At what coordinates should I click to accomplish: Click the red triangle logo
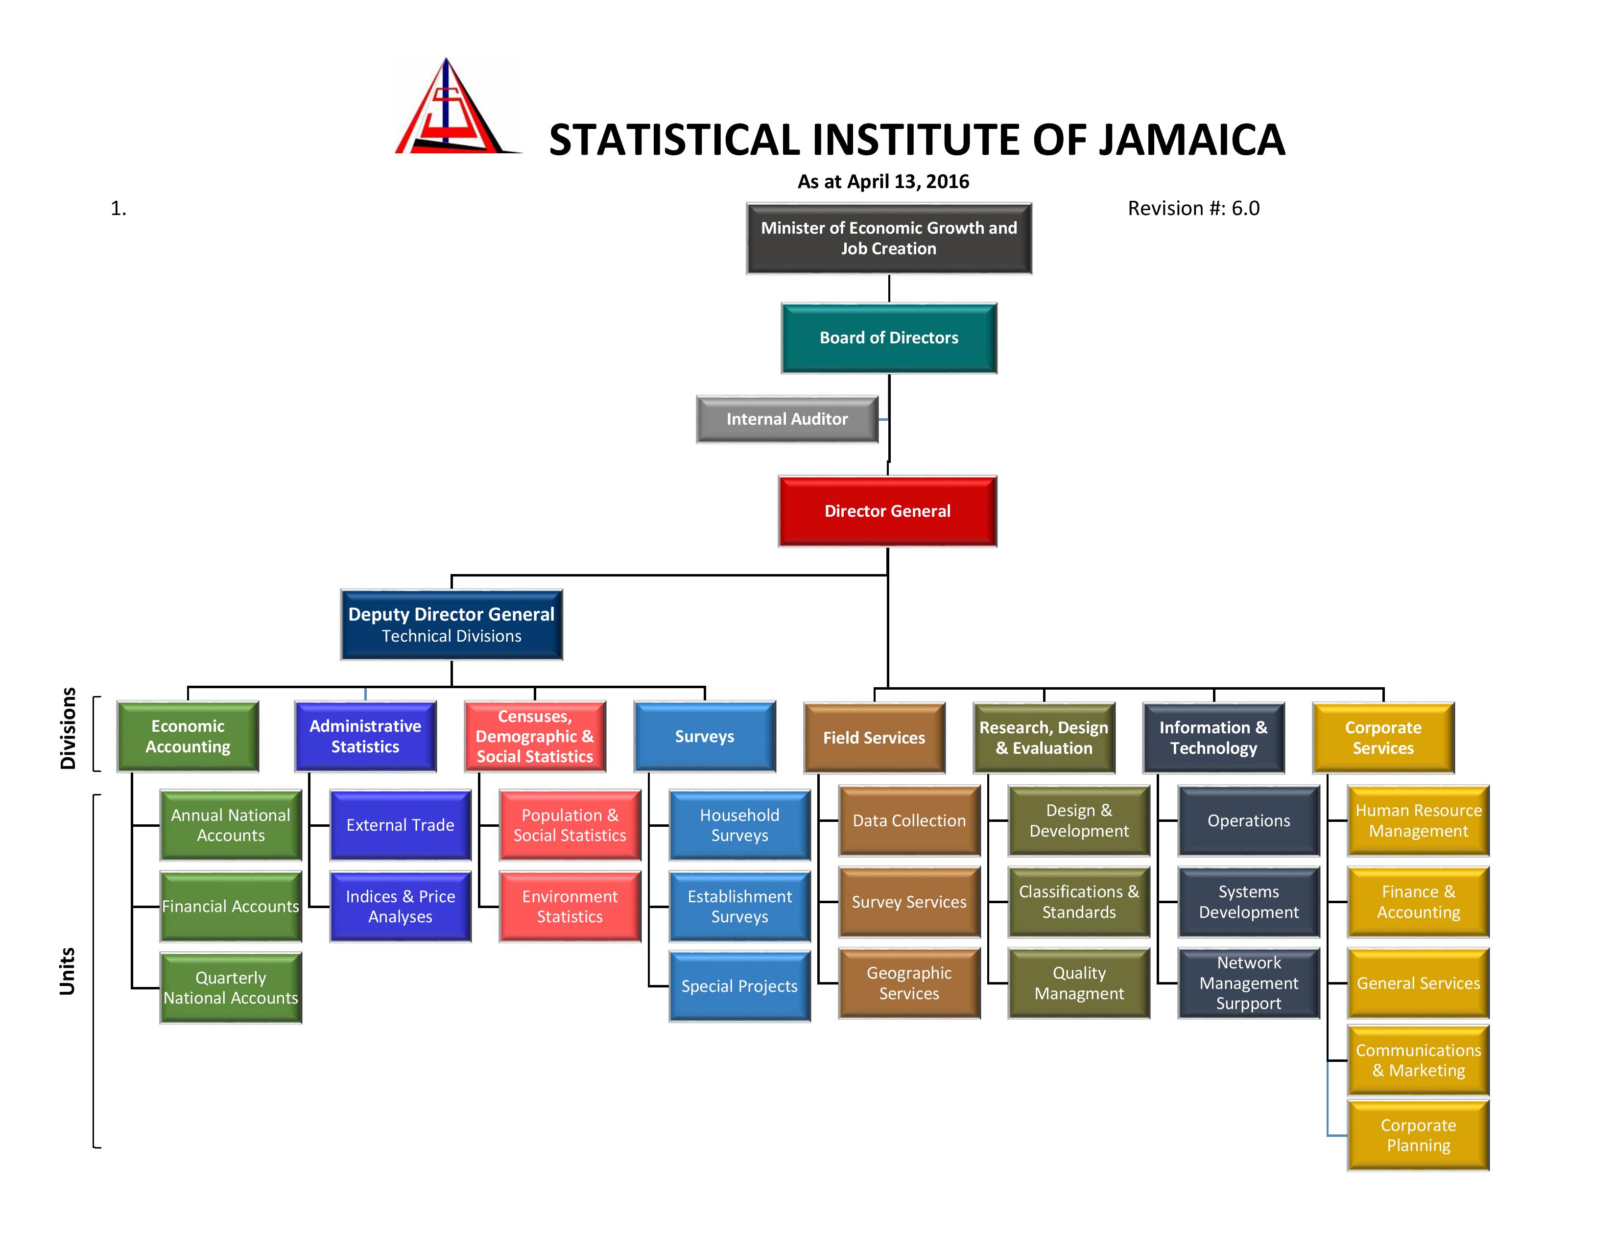(457, 107)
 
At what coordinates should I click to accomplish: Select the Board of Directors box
(889, 338)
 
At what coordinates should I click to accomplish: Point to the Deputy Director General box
(452, 624)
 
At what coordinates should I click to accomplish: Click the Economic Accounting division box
(188, 736)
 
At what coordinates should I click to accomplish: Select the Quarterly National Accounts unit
(231, 988)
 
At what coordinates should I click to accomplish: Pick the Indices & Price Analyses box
(400, 907)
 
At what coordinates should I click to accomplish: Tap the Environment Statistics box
(570, 907)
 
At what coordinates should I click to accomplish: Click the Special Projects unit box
(740, 986)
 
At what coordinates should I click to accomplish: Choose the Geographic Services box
(909, 984)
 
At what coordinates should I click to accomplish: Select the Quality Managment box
(1079, 984)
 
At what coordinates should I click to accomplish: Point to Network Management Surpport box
(1249, 984)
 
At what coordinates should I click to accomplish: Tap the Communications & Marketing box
(1419, 1060)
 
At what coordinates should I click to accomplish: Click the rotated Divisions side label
(68, 729)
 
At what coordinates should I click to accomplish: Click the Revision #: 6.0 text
(1193, 209)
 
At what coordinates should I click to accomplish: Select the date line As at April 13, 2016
(883, 182)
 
